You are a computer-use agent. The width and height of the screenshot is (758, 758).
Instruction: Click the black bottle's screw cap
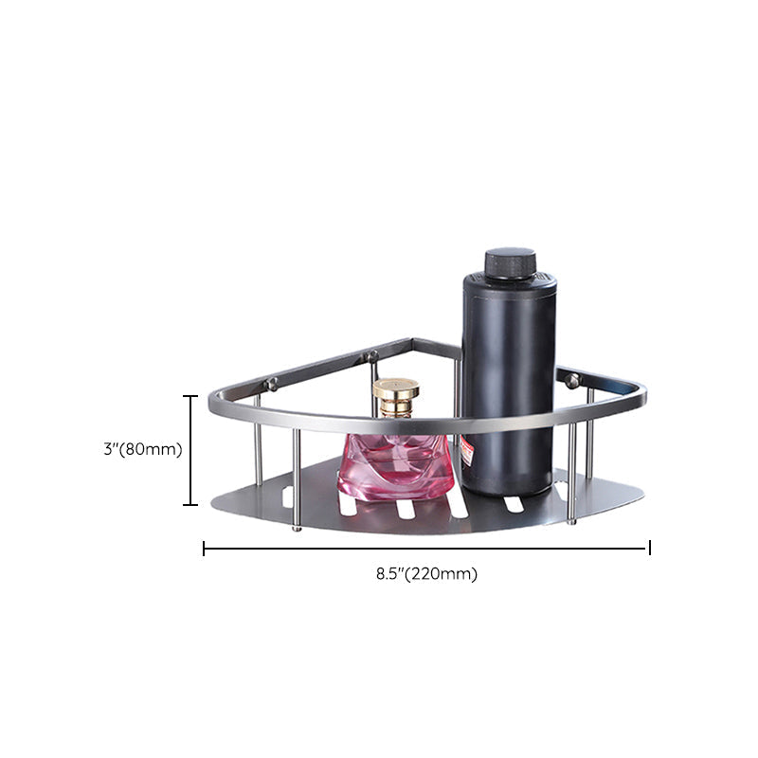[511, 264]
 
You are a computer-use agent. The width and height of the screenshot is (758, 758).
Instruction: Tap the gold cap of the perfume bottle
[395, 397]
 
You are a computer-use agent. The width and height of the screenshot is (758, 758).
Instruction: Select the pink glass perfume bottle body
[396, 466]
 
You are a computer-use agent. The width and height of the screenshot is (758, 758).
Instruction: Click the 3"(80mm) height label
[143, 449]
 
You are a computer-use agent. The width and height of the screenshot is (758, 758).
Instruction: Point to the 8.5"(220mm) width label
[427, 574]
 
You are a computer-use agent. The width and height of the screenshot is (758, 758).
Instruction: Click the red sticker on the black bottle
[466, 451]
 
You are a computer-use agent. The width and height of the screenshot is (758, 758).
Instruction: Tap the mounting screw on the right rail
[572, 381]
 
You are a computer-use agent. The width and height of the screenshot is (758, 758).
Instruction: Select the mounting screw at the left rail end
[271, 385]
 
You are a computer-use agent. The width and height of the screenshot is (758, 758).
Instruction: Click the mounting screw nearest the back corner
[371, 357]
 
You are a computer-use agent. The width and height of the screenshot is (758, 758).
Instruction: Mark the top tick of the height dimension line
[190, 396]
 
